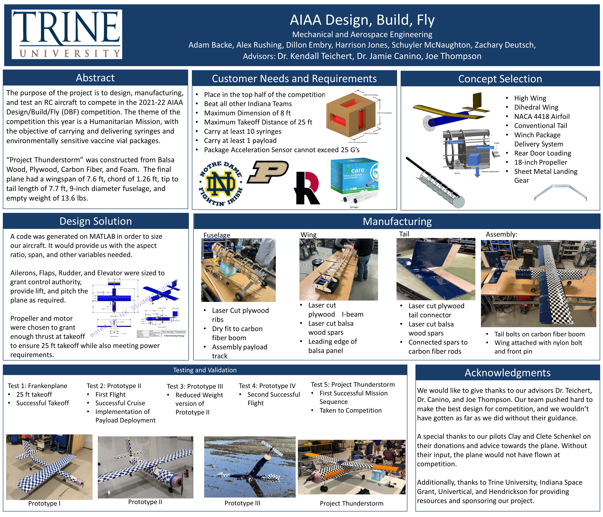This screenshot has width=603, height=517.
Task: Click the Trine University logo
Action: tap(67, 34)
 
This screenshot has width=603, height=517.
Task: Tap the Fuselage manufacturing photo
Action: tap(238, 270)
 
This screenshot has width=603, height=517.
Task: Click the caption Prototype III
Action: tap(242, 503)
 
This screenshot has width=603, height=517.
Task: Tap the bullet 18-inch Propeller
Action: tap(540, 162)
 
